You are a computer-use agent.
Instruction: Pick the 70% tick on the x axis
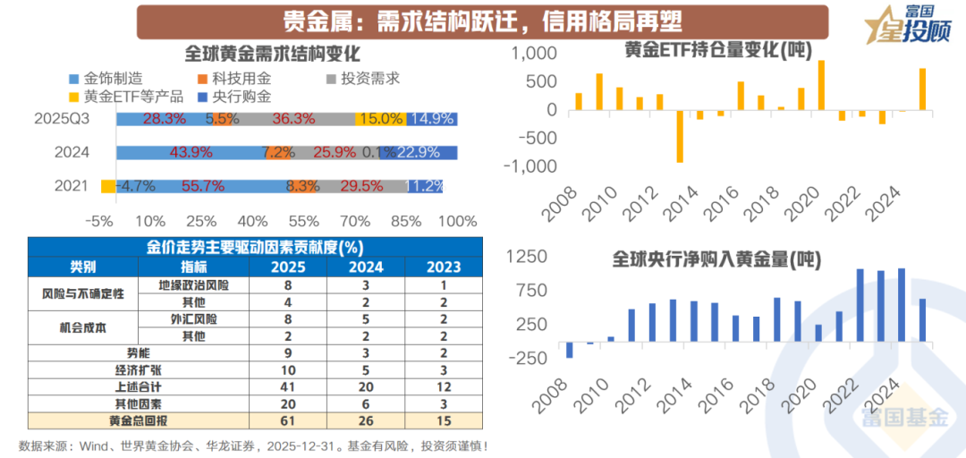[356, 221]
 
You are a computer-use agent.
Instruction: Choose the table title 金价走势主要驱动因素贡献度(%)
[255, 247]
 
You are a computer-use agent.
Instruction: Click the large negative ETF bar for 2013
[681, 136]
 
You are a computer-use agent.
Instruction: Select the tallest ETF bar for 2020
[821, 85]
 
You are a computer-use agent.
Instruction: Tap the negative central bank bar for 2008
[569, 350]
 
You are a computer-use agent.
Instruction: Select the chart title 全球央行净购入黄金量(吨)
[716, 259]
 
